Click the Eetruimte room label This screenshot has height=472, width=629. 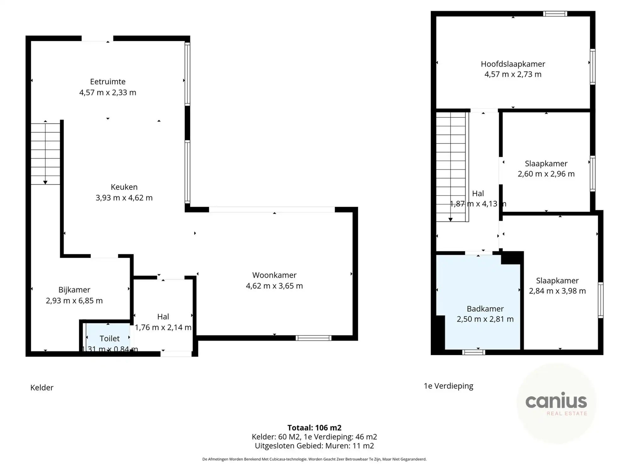(108, 82)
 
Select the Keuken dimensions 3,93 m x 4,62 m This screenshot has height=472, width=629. (124, 198)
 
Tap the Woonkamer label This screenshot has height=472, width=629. (274, 275)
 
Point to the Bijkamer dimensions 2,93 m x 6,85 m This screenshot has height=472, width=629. (74, 301)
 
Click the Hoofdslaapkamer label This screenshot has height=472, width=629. (513, 64)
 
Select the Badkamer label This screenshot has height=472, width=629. (485, 309)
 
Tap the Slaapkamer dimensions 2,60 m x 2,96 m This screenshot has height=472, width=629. (546, 174)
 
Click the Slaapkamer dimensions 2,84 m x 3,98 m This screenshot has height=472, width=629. (557, 291)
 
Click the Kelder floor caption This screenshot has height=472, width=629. (42, 388)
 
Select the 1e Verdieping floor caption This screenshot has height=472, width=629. (448, 386)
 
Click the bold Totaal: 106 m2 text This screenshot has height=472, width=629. (314, 428)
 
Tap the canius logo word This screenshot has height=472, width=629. (556, 401)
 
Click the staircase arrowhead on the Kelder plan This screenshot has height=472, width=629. (45, 183)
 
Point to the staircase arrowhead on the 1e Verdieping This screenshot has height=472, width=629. (451, 220)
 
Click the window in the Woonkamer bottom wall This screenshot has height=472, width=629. (313, 338)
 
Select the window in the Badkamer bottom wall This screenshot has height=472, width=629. (474, 352)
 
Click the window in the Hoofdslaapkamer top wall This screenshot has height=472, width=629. (555, 14)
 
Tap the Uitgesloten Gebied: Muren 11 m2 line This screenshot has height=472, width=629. (314, 446)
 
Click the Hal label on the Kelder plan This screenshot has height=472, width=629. (163, 317)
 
